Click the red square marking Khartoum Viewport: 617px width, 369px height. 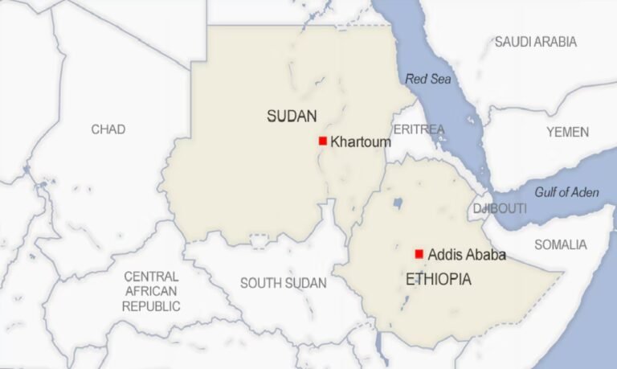point(322,141)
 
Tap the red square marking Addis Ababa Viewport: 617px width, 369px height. point(419,254)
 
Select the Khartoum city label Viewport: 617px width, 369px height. point(361,141)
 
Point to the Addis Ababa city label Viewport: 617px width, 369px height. point(467,255)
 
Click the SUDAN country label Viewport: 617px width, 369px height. point(292,116)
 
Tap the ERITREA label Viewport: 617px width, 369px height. point(419,129)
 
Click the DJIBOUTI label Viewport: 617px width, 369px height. point(500,208)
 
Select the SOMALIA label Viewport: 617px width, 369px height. point(561,244)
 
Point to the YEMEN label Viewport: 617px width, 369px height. point(567,132)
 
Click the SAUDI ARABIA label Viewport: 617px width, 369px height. point(536,42)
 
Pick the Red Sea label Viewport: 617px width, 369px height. point(428,79)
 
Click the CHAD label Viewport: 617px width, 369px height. point(108,129)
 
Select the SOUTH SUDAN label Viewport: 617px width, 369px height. point(284,283)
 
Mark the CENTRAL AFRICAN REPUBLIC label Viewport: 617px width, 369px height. point(151,291)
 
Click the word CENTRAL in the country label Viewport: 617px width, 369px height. point(151,276)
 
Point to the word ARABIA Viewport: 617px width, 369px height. point(556,42)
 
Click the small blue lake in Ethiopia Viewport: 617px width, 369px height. point(397,203)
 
